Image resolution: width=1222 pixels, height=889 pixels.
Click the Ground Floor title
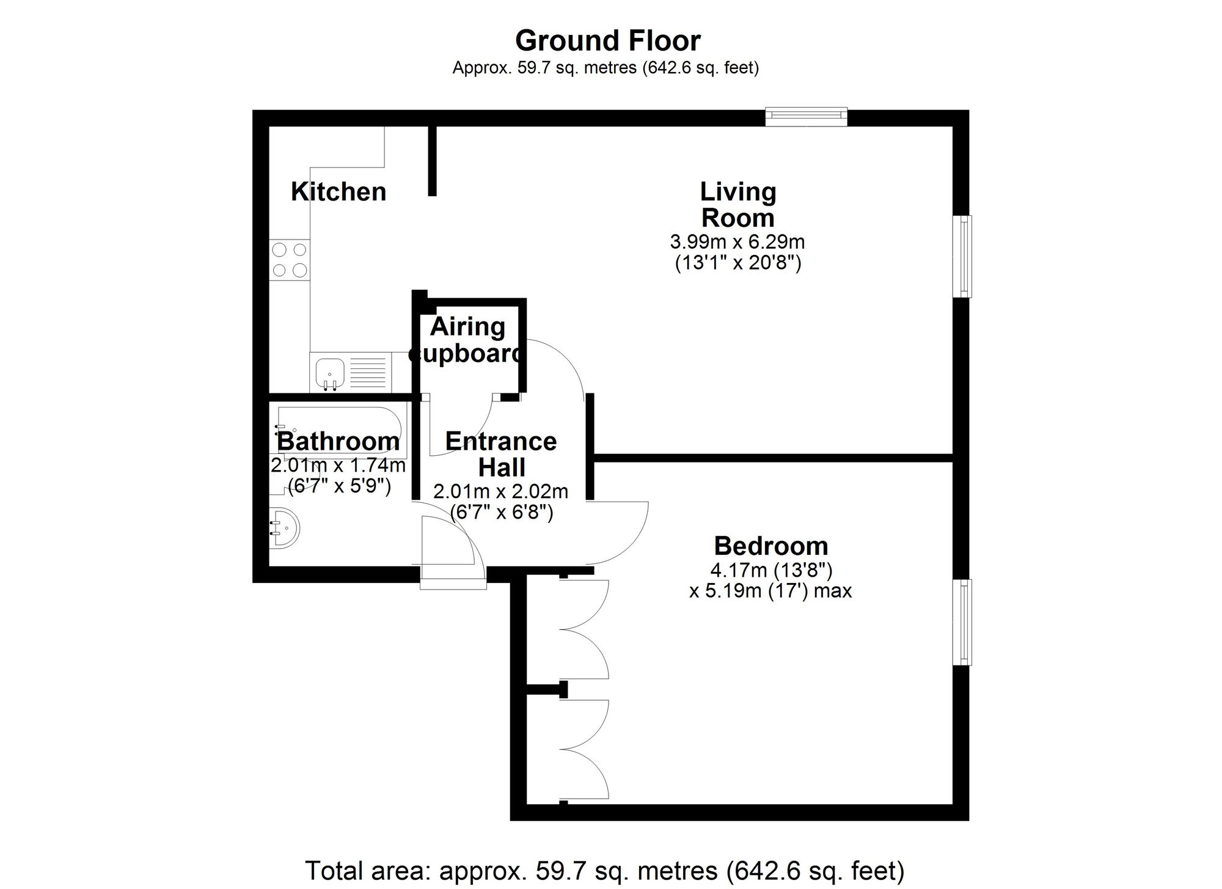tap(607, 42)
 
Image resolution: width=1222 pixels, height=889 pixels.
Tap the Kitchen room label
tap(338, 192)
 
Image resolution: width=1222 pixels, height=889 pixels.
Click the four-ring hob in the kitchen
tap(290, 259)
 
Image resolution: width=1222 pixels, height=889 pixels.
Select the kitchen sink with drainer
tap(350, 372)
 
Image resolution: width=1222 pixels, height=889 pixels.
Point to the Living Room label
tap(737, 205)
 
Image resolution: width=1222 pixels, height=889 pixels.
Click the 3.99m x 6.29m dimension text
tap(737, 242)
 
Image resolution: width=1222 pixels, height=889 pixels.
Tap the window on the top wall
tap(806, 116)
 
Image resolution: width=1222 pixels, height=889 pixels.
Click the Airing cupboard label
tap(467, 340)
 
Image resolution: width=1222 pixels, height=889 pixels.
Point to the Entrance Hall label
tap(501, 454)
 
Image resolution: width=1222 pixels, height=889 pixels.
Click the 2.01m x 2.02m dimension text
tap(500, 491)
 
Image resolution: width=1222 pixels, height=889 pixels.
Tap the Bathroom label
tap(338, 441)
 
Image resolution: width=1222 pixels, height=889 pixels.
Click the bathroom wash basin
tap(285, 529)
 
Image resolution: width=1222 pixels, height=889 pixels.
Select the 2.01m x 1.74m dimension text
tap(338, 466)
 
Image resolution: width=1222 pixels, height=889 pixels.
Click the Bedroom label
tap(770, 546)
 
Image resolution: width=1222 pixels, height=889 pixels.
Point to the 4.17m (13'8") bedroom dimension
tap(770, 571)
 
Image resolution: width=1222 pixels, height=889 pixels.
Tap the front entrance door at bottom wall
tap(453, 577)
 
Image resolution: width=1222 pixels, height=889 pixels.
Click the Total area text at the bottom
tap(604, 870)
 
